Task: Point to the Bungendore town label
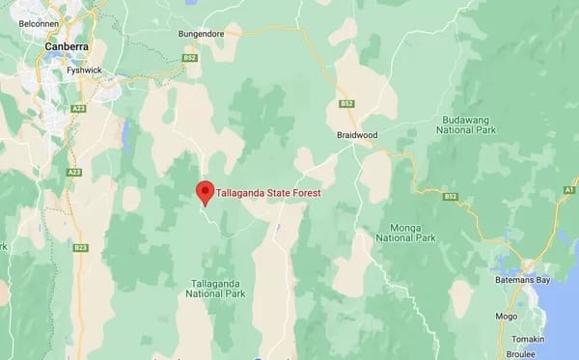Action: tap(201, 34)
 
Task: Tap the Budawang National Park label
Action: tap(464, 119)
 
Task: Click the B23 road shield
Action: tap(80, 248)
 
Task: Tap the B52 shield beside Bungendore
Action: tap(191, 58)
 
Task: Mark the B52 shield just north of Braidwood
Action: tap(346, 103)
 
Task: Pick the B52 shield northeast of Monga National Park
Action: tap(450, 197)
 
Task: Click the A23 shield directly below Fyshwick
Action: tap(78, 109)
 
